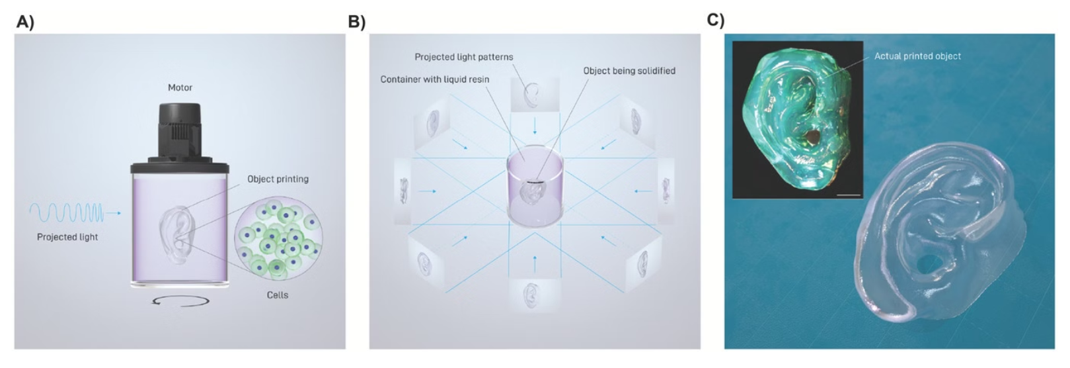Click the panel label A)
point(24,22)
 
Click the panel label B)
point(356,22)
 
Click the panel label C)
point(716,20)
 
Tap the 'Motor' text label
point(180,87)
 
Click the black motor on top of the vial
point(180,132)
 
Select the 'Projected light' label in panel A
point(67,237)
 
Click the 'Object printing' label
point(278,179)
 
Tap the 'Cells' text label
point(278,295)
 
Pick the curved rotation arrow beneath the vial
point(180,301)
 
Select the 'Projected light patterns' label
point(463,57)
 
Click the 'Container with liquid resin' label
point(435,79)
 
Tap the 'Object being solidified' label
point(629,71)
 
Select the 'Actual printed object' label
point(917,56)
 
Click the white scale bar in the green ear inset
point(853,195)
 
